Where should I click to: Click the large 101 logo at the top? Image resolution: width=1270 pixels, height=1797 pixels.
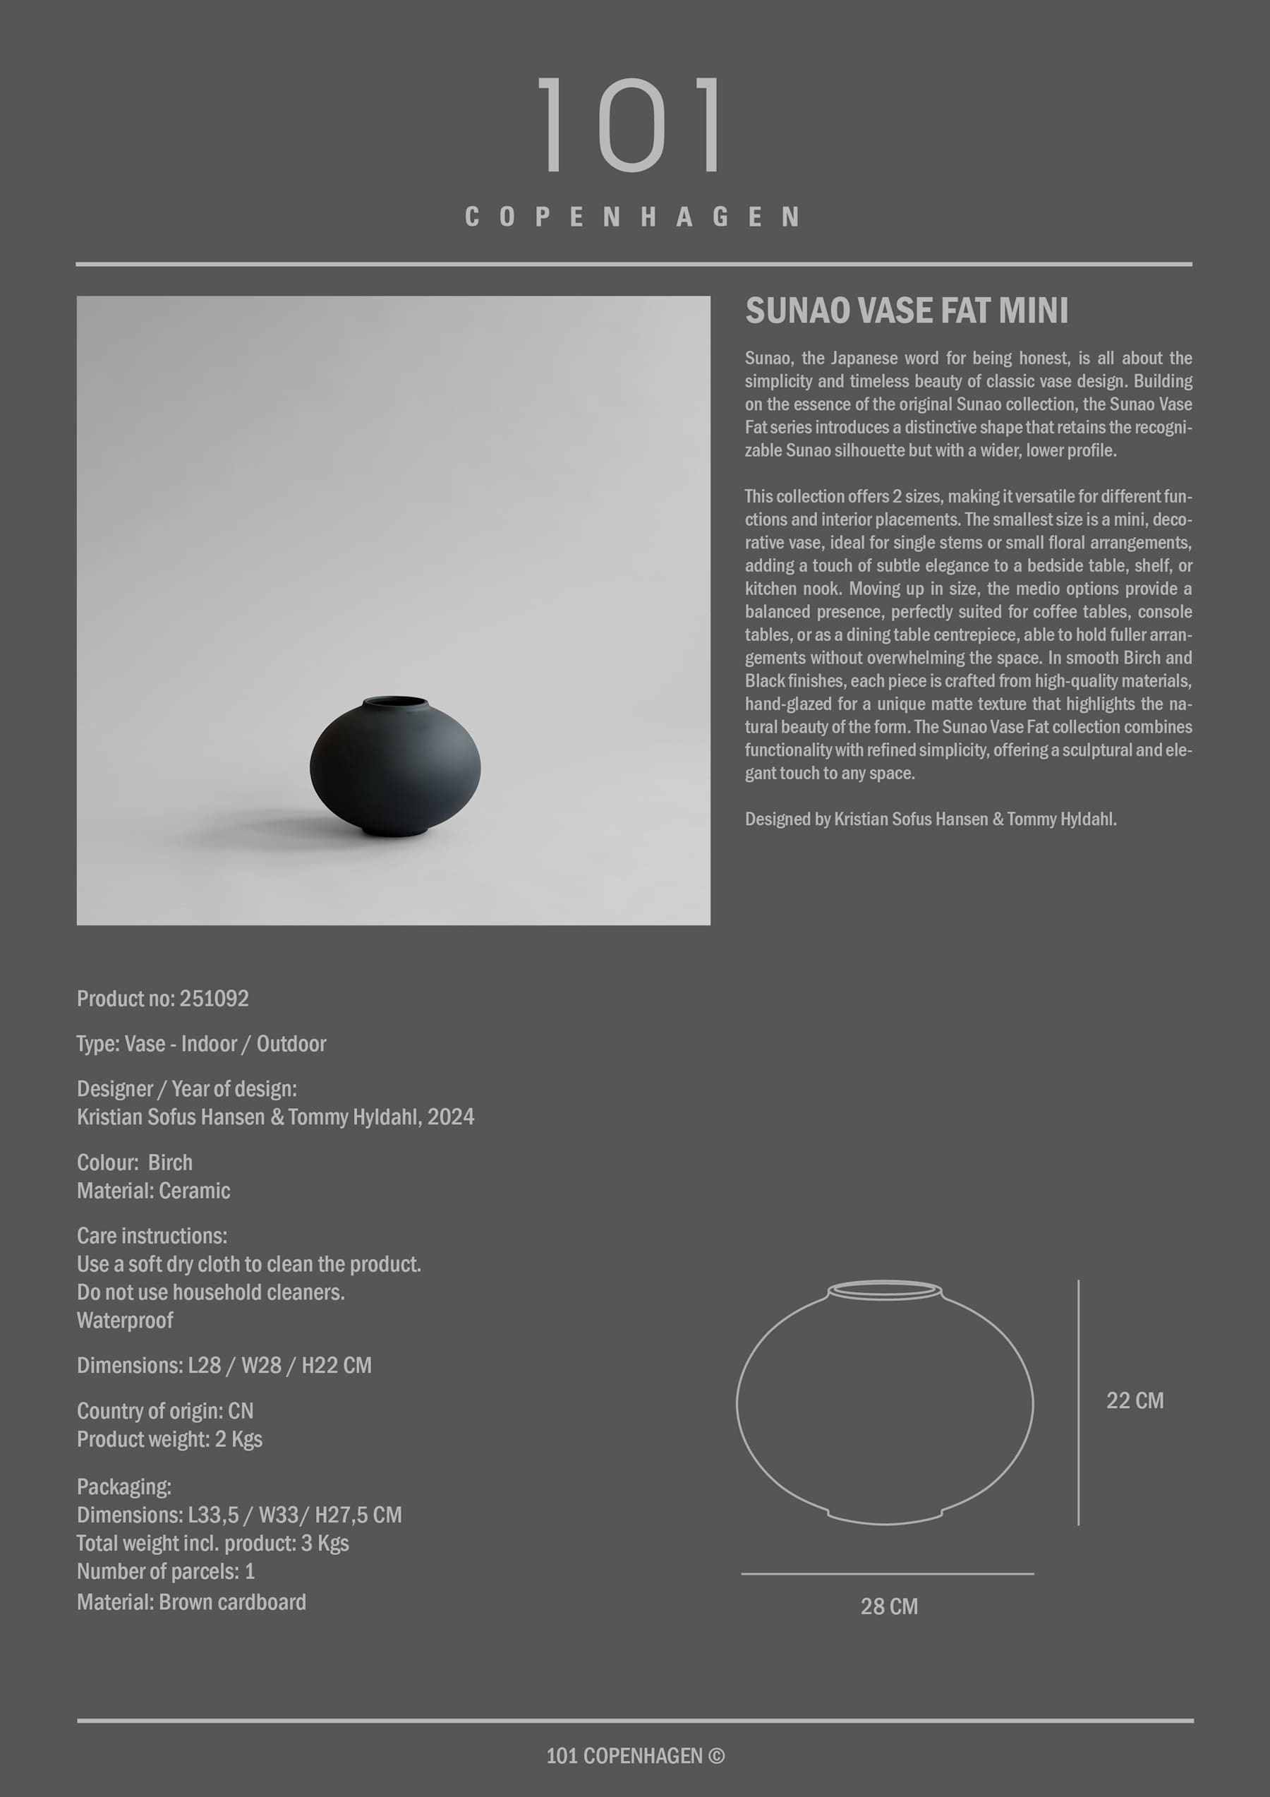click(631, 124)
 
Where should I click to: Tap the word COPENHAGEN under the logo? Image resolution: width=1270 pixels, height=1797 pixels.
click(632, 217)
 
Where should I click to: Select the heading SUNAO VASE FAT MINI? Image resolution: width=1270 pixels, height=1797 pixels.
click(906, 311)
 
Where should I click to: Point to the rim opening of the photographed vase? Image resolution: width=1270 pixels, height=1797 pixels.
click(395, 702)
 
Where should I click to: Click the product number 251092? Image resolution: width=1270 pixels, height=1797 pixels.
click(214, 999)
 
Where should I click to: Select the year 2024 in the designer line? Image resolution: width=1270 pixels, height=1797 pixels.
click(450, 1117)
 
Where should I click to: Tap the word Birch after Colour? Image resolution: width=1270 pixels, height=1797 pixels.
click(170, 1162)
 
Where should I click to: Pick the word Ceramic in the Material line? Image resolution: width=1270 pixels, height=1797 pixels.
click(194, 1191)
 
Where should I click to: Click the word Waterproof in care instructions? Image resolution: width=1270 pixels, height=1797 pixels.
click(125, 1321)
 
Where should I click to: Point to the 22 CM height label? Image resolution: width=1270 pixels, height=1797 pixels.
click(1134, 1400)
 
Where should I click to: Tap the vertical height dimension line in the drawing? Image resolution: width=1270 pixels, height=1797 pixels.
click(1078, 1401)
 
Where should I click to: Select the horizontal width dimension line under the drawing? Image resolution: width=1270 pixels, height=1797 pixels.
click(888, 1573)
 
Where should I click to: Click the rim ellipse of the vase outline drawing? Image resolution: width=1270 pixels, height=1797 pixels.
click(884, 1289)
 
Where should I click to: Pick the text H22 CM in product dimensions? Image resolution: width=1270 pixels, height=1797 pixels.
click(337, 1366)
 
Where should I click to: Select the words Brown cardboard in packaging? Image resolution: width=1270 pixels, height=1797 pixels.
click(231, 1602)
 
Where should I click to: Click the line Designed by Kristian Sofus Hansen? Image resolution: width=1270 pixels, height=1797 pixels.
click(930, 819)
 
